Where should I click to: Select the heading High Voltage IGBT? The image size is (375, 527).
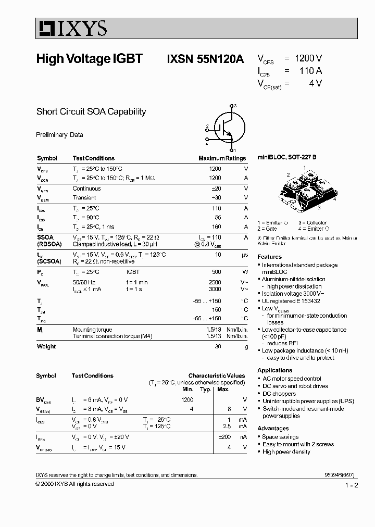(89, 59)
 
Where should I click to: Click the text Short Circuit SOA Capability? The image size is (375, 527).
(91, 111)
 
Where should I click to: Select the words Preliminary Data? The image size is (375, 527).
(59, 135)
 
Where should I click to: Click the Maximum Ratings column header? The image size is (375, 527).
(222, 158)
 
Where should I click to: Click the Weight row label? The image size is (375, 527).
(46, 347)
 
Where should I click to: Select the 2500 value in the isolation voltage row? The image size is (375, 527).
(215, 282)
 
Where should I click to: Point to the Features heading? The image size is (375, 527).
(269, 257)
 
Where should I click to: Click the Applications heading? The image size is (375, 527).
(274, 370)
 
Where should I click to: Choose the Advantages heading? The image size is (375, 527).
(273, 429)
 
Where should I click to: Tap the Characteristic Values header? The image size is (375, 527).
(216, 375)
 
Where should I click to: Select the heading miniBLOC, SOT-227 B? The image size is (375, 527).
(286, 157)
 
